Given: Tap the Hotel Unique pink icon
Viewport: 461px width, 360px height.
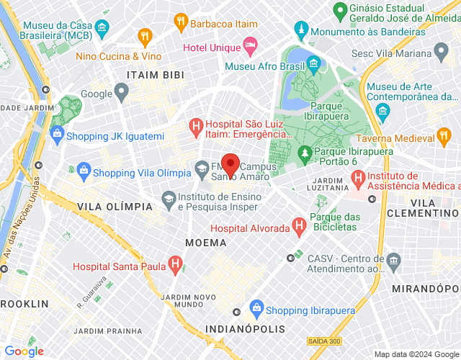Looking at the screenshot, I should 250,46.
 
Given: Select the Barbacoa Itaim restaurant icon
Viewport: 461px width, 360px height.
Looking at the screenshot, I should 181,24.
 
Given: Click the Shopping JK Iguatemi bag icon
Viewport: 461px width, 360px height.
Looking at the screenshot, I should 57,135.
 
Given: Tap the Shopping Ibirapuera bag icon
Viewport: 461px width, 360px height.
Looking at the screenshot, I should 256,311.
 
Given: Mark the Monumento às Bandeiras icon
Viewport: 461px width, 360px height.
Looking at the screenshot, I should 301,32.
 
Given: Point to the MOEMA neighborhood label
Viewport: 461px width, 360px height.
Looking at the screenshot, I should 206,243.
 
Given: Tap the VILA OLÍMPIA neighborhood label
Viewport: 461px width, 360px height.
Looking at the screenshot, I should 109,207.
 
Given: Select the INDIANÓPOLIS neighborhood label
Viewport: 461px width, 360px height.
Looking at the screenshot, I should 245,329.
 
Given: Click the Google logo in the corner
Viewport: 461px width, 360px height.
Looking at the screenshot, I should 24,351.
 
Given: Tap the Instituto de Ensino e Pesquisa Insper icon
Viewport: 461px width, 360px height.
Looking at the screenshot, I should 168,198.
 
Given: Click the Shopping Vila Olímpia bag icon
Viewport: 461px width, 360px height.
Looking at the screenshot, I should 83,171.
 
